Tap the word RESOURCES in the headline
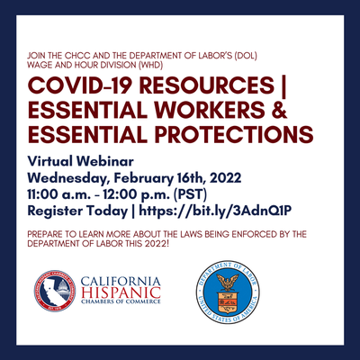coord(207,85)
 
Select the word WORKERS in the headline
coord(211,110)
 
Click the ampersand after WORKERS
coord(280,110)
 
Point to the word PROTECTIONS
coord(234,134)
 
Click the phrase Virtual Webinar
coord(80,161)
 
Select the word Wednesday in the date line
coord(67,178)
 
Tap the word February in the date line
coord(143,178)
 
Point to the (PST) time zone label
coord(190,194)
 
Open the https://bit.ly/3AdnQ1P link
coord(215,211)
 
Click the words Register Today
coord(77,211)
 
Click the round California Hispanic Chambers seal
coord(55,291)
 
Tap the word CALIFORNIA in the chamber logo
coord(121,282)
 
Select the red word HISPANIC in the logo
coord(121,292)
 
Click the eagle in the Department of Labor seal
coord(228,282)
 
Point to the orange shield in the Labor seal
coord(228,302)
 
